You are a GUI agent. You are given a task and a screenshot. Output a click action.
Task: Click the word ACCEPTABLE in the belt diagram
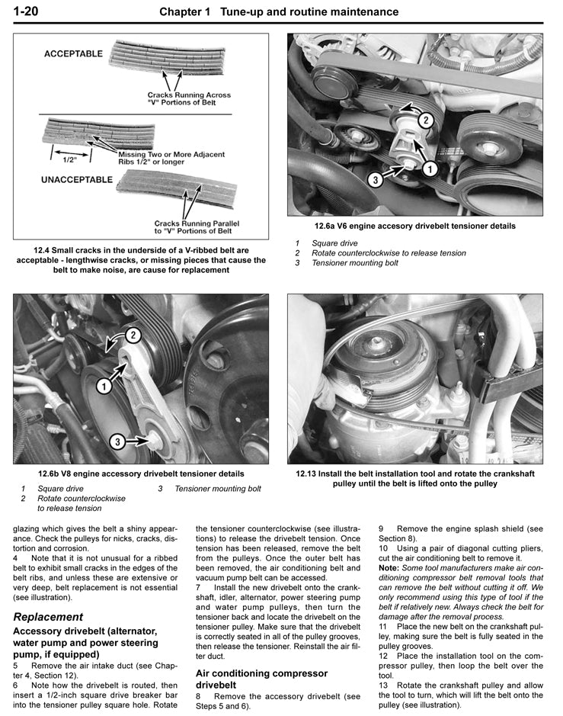(x=73, y=54)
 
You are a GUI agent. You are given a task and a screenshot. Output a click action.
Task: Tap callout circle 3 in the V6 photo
(x=375, y=180)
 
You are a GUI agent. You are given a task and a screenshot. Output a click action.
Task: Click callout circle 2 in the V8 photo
(x=131, y=334)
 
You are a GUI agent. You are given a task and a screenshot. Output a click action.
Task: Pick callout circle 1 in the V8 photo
(x=101, y=387)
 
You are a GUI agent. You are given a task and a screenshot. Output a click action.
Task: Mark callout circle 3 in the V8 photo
(x=117, y=441)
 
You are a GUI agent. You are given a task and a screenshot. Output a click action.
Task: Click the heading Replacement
(x=48, y=616)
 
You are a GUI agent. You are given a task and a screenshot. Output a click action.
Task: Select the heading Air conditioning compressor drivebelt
(x=261, y=679)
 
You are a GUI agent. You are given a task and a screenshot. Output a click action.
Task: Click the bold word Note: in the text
(x=389, y=567)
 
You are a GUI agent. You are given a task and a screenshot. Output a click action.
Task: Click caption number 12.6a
(x=328, y=226)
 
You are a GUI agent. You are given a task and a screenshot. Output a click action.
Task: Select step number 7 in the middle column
(x=200, y=588)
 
